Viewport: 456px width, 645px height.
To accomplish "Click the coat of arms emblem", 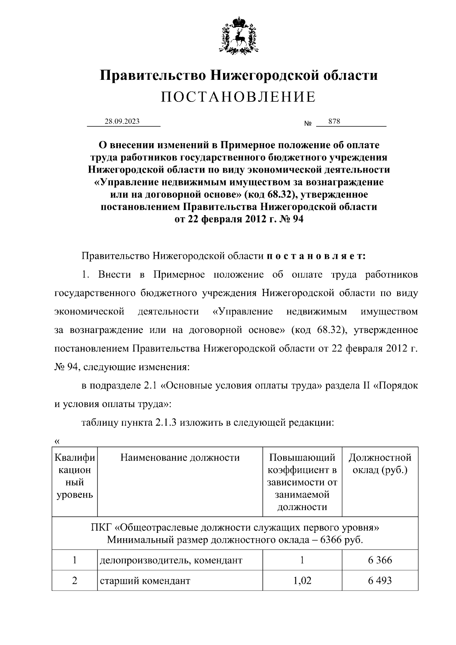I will (x=239, y=35).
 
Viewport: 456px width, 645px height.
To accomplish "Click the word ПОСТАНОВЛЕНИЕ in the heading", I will (x=238, y=97).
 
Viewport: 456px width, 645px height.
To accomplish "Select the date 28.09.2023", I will (x=122, y=122).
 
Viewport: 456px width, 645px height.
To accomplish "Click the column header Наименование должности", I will (x=180, y=457).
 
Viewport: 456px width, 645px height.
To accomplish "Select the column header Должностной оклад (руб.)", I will (x=380, y=463).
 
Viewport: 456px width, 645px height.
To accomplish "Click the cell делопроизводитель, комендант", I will (x=171, y=560).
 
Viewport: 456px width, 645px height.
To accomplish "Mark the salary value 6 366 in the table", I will (x=380, y=560).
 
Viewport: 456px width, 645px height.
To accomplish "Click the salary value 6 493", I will (x=380, y=581).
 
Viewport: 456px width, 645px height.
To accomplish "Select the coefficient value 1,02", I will (x=302, y=581).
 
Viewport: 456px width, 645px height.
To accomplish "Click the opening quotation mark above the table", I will (x=57, y=441).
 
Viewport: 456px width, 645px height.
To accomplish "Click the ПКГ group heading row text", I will (x=235, y=528).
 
